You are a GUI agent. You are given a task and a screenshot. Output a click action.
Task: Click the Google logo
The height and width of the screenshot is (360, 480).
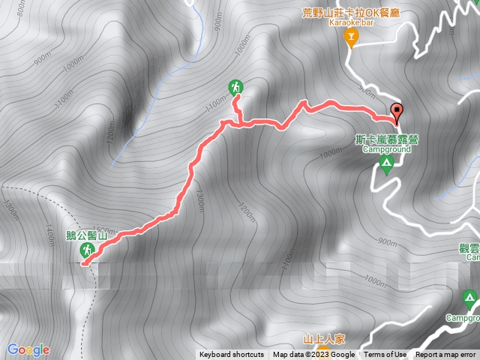[28, 349]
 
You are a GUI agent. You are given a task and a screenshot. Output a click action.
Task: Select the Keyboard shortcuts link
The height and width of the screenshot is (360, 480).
[232, 355]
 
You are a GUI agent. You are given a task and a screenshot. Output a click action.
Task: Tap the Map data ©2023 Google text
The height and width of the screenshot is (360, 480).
[313, 355]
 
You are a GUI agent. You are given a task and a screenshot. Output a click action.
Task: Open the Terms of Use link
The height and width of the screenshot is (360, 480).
[385, 355]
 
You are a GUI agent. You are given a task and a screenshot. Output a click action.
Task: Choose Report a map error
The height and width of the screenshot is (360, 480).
[446, 355]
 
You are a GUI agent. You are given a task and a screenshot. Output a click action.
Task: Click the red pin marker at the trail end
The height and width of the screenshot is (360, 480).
[397, 112]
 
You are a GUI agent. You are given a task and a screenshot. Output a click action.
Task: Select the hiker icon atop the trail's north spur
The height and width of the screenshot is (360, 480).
[236, 87]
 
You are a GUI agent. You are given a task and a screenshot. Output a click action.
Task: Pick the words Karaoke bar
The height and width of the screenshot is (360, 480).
[349, 23]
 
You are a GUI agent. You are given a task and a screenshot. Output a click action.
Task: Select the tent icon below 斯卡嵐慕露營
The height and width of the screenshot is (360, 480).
[386, 164]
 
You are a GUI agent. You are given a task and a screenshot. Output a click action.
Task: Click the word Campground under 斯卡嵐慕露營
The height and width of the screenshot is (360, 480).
[387, 149]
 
